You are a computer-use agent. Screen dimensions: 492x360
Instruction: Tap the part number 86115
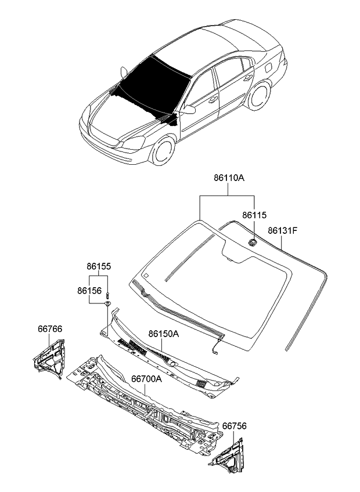(254, 215)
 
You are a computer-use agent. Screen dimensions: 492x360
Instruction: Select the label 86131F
(282, 231)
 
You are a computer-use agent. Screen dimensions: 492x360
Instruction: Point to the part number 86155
(99, 267)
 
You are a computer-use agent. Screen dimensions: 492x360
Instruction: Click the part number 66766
(51, 329)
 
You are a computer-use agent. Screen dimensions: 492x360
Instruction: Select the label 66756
(234, 426)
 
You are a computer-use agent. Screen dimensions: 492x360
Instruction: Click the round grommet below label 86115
(253, 242)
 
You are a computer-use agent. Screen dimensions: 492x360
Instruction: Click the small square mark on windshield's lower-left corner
(146, 276)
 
